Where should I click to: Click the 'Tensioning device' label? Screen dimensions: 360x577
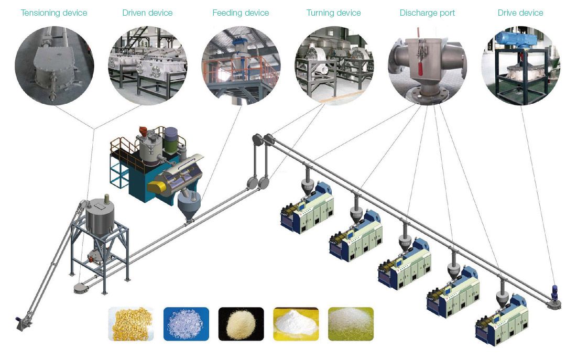click(x=54, y=13)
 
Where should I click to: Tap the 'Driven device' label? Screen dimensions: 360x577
click(x=147, y=13)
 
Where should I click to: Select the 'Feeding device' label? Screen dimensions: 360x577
click(x=241, y=13)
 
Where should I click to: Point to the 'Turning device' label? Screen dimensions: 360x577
click(x=334, y=13)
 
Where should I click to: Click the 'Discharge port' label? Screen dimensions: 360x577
click(x=427, y=13)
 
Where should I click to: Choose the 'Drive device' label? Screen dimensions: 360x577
click(x=520, y=13)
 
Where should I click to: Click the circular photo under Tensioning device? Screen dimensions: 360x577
click(x=55, y=66)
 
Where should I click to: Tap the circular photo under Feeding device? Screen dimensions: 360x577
click(x=241, y=66)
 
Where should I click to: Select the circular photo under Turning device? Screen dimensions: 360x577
click(x=334, y=66)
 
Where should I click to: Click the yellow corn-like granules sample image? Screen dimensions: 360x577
click(x=131, y=324)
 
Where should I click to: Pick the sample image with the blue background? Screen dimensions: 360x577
click(x=186, y=324)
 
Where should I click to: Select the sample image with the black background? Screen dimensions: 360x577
click(x=241, y=324)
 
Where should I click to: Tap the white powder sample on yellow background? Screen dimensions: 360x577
click(x=296, y=324)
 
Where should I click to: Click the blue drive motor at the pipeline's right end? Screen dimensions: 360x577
click(x=554, y=292)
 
